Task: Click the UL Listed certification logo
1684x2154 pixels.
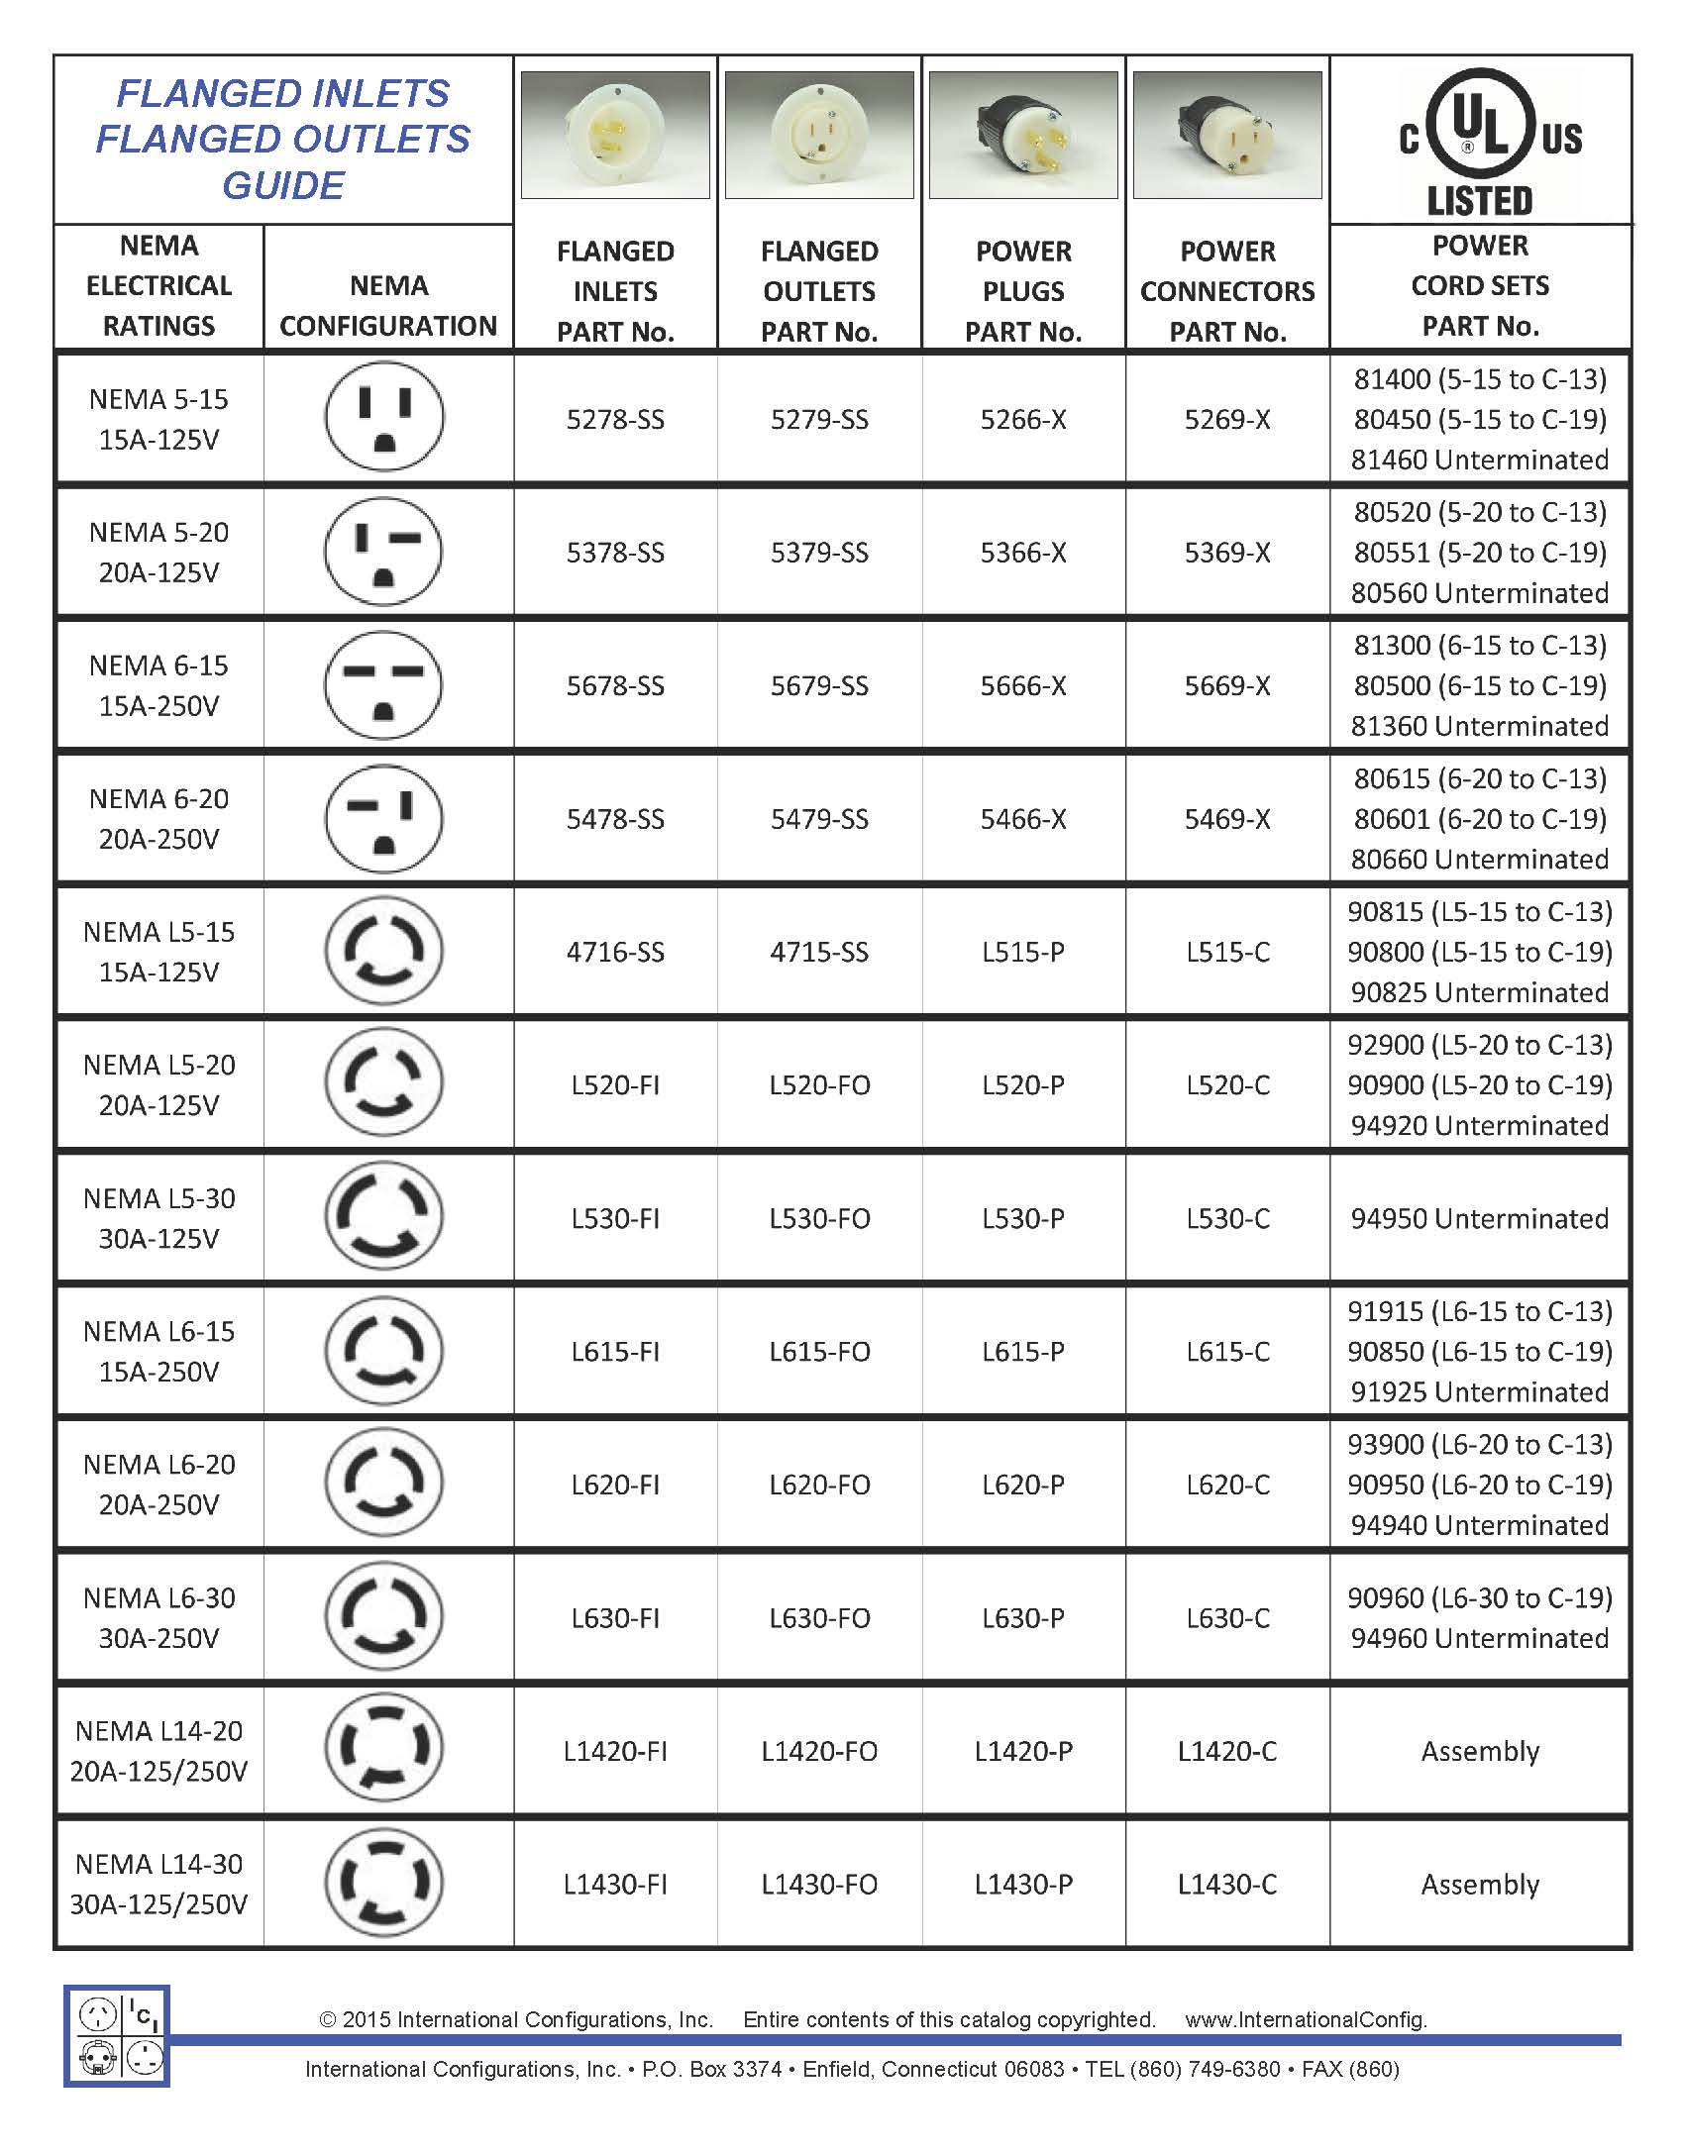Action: [1480, 142]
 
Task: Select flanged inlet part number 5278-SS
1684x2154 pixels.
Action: [615, 420]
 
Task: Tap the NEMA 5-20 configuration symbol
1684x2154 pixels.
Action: [384, 552]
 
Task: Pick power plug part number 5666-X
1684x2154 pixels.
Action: [1023, 685]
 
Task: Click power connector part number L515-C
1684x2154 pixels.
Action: [1227, 952]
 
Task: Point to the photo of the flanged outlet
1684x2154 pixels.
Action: [819, 135]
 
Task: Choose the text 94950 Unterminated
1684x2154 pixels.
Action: [1479, 1218]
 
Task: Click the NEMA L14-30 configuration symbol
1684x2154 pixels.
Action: [384, 1884]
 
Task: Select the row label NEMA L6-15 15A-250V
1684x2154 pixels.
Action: [159, 1351]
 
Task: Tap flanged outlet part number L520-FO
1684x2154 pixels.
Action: [819, 1085]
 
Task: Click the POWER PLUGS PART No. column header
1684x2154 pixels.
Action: [1023, 291]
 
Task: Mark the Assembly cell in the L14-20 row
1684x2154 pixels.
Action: [1479, 1751]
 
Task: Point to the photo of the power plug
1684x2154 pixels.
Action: [1023, 135]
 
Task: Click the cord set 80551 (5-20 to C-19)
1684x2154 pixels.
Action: [1479, 553]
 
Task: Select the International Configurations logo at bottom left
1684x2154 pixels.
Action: [117, 2036]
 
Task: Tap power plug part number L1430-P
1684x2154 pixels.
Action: [1023, 1884]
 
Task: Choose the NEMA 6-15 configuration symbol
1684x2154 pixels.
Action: [384, 685]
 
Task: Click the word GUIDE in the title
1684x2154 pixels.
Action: [283, 185]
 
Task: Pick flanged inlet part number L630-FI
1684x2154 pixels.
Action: [615, 1618]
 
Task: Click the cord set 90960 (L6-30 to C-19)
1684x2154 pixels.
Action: [1479, 1597]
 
